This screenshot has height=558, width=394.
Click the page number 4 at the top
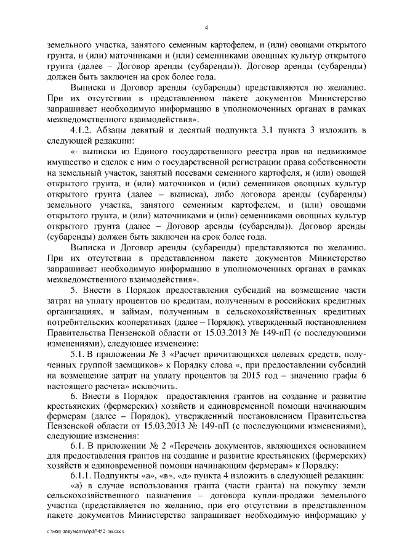coord(206,28)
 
